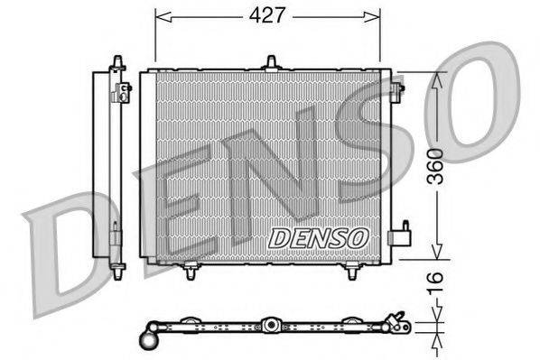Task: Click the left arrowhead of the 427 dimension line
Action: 161,15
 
